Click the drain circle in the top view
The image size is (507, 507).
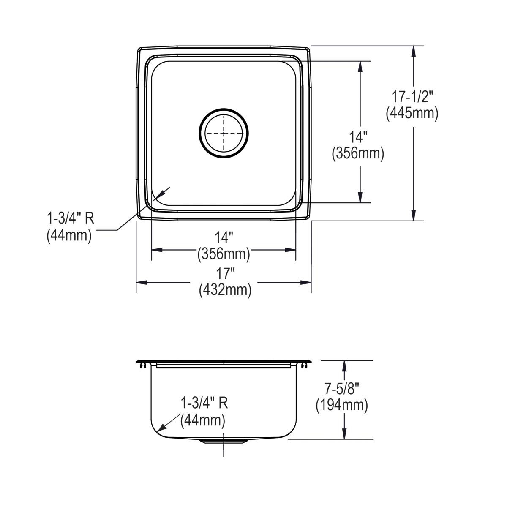click(x=224, y=109)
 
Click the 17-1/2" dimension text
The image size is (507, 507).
click(x=412, y=97)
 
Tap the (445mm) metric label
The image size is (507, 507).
click(x=412, y=113)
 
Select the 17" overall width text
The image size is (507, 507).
click(x=225, y=274)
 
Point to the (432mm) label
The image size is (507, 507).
click(x=225, y=290)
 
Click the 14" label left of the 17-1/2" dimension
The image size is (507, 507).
click(x=358, y=137)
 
